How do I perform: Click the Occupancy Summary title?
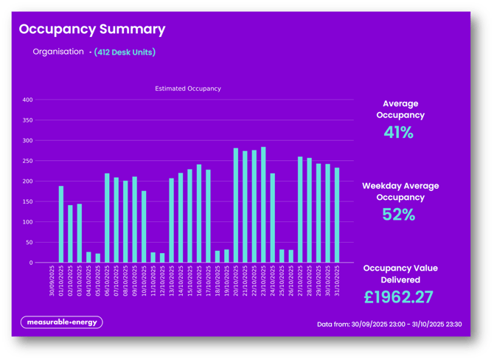pos(92,30)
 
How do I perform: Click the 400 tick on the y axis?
pos(28,100)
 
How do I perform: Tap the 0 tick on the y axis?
pos(31,263)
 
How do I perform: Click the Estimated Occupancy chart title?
pos(188,89)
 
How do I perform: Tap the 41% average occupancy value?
pos(399,133)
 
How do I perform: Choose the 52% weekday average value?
pos(399,215)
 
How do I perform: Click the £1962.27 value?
pos(399,297)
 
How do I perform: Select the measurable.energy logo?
pos(61,322)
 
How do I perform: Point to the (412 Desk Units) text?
pos(125,52)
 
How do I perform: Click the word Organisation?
pos(58,52)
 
